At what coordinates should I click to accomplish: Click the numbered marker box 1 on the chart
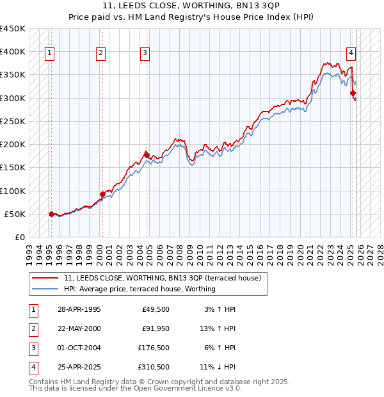coord(50,53)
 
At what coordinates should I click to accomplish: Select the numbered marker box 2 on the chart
coord(101,53)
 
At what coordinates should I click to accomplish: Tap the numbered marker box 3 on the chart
coord(145,53)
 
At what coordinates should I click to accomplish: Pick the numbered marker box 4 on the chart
coord(351,53)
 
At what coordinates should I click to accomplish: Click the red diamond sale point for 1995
coord(51,214)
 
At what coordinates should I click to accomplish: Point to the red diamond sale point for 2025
coord(353,93)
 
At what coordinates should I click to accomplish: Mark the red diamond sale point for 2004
coord(147,155)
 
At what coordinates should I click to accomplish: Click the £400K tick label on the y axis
coord(13,52)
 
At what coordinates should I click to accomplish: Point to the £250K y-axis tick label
coord(13,121)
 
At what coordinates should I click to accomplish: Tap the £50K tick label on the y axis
coord(15,214)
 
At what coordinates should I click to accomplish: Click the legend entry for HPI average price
coord(140,289)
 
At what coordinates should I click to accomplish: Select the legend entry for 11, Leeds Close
coord(162,279)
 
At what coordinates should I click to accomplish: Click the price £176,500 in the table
coord(153,348)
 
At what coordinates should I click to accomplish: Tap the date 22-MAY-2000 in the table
coord(79,328)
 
